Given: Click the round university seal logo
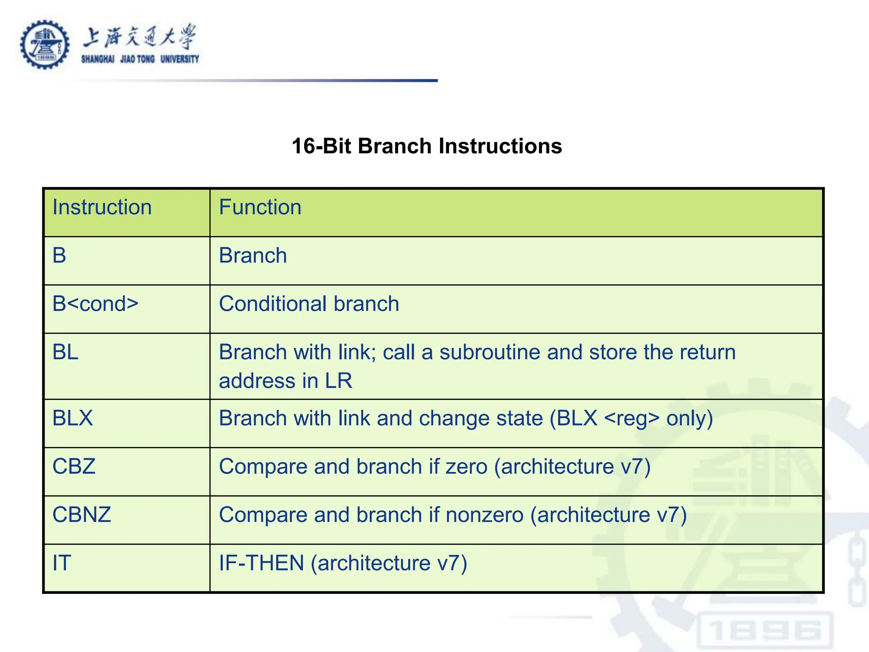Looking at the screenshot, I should pos(45,45).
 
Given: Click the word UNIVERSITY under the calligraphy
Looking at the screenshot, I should pos(179,59).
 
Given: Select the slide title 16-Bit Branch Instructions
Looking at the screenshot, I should pos(427,146).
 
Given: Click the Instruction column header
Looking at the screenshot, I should pos(102,208).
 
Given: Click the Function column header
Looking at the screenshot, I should pos(260,208).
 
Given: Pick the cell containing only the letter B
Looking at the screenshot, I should pos(59,256).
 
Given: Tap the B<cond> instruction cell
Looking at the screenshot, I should pos(95,304).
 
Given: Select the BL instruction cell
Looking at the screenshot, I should pos(65,352).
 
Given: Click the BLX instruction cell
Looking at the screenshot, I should pos(73,418).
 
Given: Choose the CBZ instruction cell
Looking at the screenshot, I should pos(74,467).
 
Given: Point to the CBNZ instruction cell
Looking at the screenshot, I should pos(81,515).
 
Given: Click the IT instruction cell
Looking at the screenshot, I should pos(62,563).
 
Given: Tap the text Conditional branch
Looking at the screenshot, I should pos(309,304).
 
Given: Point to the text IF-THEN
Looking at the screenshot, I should pos(261,563).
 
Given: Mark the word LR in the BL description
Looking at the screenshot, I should pos(339,381).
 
